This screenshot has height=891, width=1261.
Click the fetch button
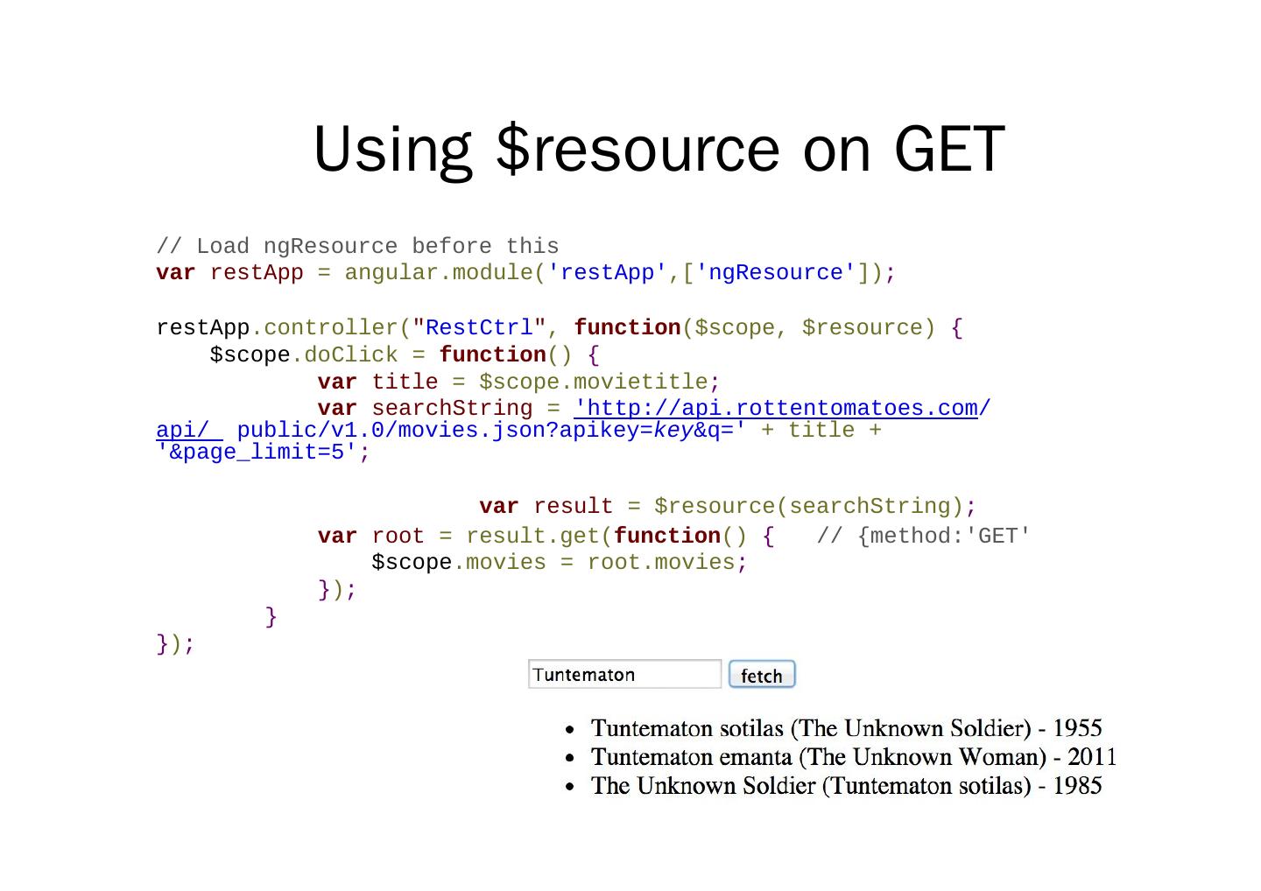pyautogui.click(x=761, y=675)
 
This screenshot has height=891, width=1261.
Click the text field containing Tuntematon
pyautogui.click(x=624, y=675)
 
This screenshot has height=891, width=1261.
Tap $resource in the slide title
pyautogui.click(x=638, y=149)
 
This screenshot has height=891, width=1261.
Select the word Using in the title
pyautogui.click(x=392, y=149)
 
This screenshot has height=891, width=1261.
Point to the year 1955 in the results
pyautogui.click(x=1077, y=728)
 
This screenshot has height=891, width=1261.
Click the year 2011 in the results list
pyautogui.click(x=1092, y=757)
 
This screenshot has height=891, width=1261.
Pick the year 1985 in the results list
pyautogui.click(x=1077, y=786)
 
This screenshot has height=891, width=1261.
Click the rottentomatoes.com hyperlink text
pyautogui.click(x=776, y=409)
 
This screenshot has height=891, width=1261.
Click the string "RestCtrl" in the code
pyautogui.click(x=479, y=328)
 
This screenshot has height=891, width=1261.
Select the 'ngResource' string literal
pyautogui.click(x=775, y=273)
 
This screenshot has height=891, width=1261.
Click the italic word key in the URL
pyautogui.click(x=673, y=431)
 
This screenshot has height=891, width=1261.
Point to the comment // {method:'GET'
pyautogui.click(x=923, y=536)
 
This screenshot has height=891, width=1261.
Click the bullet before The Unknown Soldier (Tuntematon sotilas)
pyautogui.click(x=570, y=787)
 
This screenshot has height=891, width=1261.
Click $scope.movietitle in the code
pyautogui.click(x=598, y=382)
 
